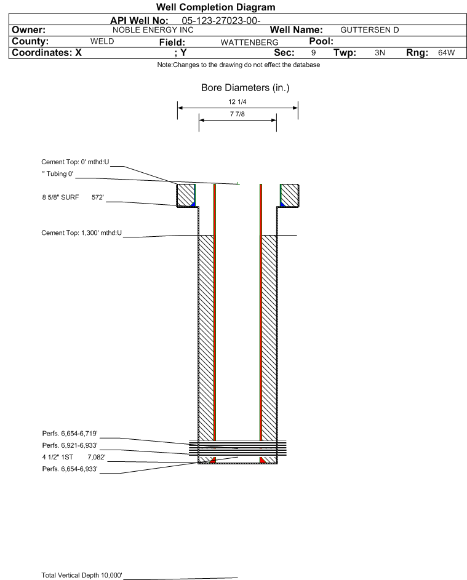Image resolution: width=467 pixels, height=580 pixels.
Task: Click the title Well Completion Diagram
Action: (215, 7)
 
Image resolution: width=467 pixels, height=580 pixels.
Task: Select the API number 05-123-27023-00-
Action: (221, 21)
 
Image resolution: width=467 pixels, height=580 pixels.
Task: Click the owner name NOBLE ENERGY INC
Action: (153, 30)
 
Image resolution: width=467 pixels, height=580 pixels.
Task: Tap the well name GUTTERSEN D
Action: (369, 30)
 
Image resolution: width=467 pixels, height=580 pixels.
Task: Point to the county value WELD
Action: (102, 41)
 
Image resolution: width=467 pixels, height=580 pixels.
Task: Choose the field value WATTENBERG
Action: (249, 42)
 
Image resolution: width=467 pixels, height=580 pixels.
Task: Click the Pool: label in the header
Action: (321, 41)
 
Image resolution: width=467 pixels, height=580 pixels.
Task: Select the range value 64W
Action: (446, 52)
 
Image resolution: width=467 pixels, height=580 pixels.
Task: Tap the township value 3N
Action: (380, 52)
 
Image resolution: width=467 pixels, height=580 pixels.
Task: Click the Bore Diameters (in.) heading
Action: (245, 88)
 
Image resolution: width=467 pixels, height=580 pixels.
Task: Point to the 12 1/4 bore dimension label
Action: (237, 101)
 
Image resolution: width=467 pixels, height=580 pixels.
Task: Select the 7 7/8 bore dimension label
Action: (237, 114)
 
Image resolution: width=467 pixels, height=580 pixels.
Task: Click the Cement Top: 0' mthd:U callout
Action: (75, 162)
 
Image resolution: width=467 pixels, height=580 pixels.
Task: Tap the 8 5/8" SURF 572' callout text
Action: (73, 197)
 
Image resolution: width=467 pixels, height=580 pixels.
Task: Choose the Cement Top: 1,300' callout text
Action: (81, 233)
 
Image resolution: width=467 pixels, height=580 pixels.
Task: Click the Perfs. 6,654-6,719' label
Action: (70, 434)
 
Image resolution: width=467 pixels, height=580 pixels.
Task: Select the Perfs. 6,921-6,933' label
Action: (70, 445)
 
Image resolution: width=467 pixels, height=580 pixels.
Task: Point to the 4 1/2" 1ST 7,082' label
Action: (74, 457)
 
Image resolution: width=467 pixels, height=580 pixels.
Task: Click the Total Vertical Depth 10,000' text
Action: (82, 575)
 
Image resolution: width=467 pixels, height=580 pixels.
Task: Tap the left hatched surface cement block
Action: (186, 195)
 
